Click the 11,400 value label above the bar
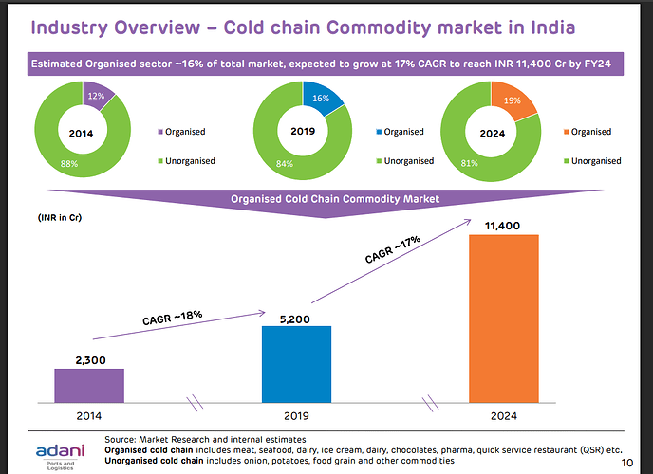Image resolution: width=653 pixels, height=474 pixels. click(504, 225)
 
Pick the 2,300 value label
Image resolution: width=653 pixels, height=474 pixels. click(89, 359)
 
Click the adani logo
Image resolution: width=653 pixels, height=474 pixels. click(58, 451)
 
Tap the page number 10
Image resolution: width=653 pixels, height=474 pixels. click(627, 462)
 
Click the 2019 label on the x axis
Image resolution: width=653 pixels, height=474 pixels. click(296, 415)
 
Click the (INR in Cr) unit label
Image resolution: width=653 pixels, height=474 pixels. click(59, 217)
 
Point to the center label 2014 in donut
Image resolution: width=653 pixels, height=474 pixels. click(82, 133)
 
